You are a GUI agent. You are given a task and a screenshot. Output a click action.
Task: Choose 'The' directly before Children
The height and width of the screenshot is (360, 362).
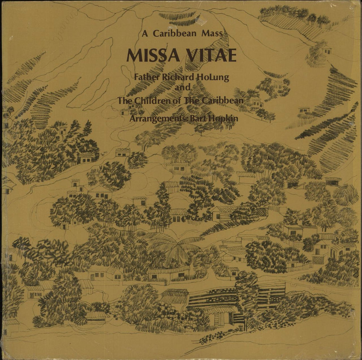124,101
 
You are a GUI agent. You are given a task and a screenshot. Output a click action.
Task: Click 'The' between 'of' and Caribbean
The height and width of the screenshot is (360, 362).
190,101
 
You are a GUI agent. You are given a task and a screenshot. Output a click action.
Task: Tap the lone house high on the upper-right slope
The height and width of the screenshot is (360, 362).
326,50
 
